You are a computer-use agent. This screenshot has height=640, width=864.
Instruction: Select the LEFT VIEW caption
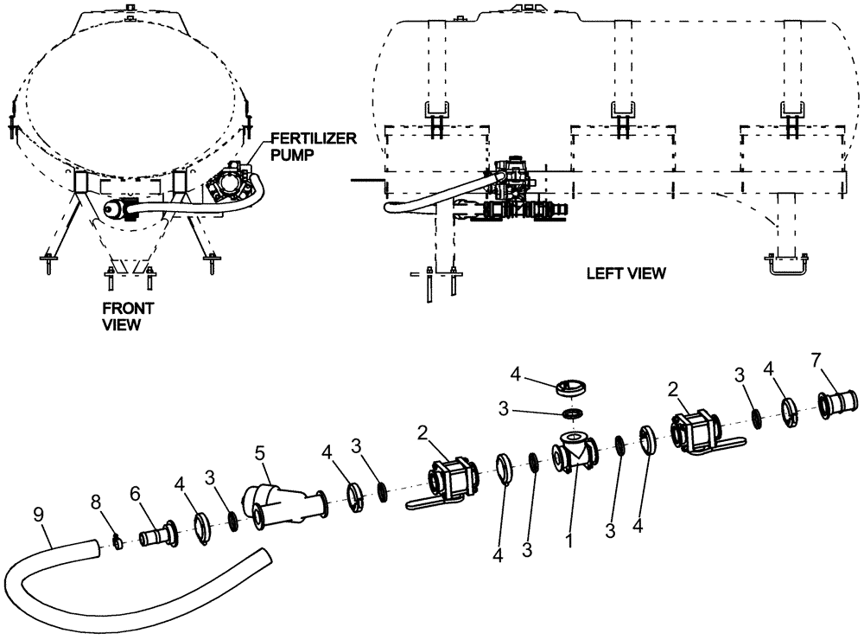(626, 273)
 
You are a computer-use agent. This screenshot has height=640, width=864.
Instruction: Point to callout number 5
(260, 451)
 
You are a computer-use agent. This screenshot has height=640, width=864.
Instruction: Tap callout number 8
(94, 500)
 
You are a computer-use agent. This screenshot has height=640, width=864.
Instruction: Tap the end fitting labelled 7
(837, 403)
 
